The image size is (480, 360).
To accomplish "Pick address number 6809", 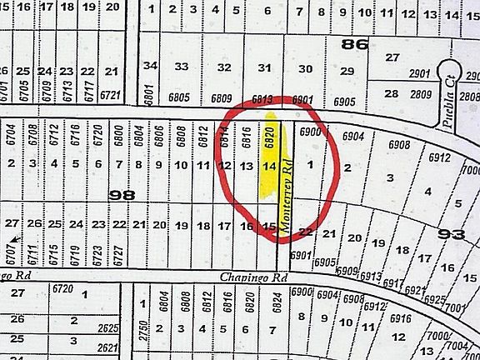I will pyautogui.click(x=221, y=99).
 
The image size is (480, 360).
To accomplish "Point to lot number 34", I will pyautogui.click(x=150, y=66).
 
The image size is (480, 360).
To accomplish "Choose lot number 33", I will pyautogui.click(x=181, y=67).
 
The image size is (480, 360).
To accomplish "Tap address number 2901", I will pyautogui.click(x=418, y=75).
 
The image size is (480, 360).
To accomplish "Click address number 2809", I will pyautogui.click(x=418, y=95).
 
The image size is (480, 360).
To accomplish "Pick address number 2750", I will pyautogui.click(x=142, y=327).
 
